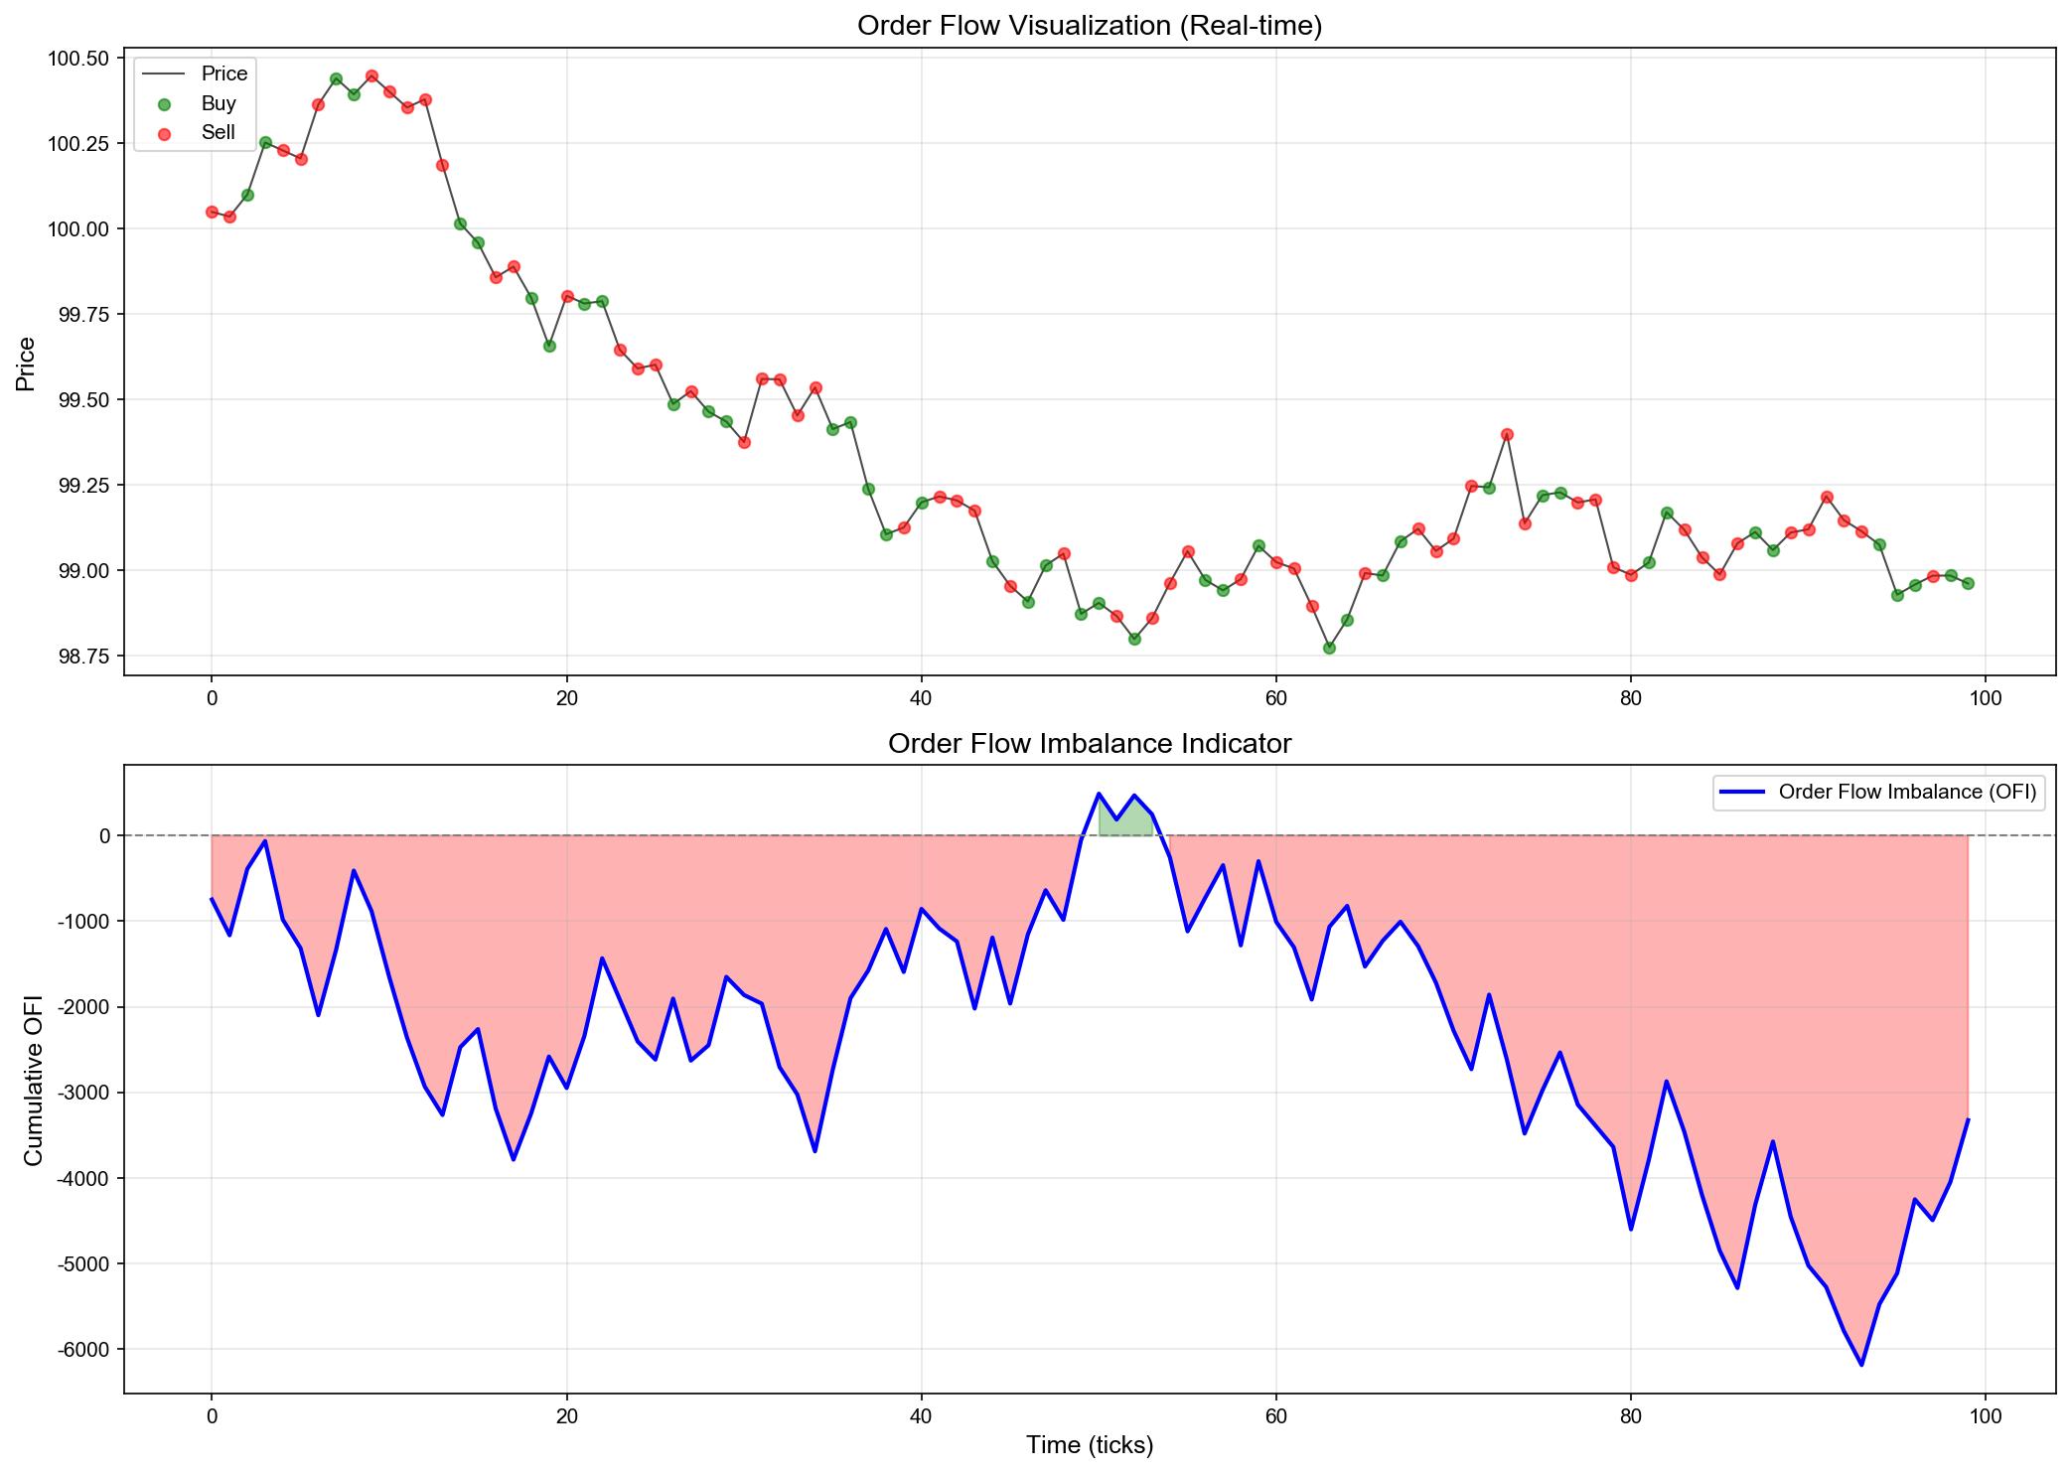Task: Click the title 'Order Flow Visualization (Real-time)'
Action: (x=1090, y=26)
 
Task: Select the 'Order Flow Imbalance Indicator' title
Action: (x=1090, y=743)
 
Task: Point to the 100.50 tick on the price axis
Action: (x=79, y=59)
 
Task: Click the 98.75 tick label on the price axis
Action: (x=84, y=657)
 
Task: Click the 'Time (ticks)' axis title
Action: (x=1090, y=1445)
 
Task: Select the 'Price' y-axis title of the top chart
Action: (x=26, y=364)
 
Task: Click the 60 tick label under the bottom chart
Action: (x=1275, y=1414)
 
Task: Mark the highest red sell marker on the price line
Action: (x=371, y=75)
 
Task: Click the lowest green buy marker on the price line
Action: (x=1329, y=648)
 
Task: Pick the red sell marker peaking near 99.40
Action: (x=1507, y=434)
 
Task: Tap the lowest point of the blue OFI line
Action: (x=1861, y=1365)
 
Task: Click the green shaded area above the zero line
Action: (x=1125, y=821)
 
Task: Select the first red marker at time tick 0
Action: (x=212, y=212)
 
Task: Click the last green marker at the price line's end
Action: (x=1968, y=583)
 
